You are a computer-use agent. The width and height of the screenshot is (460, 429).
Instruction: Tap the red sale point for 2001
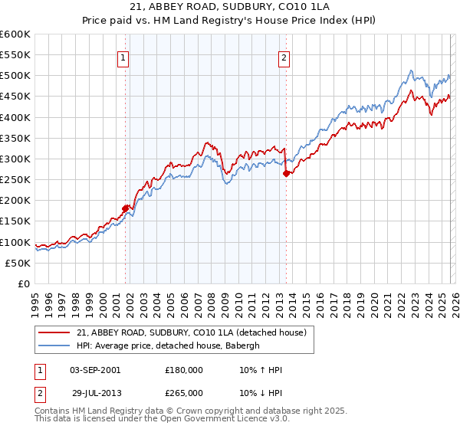tap(125, 208)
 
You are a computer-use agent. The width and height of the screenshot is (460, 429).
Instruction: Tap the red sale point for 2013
tap(286, 173)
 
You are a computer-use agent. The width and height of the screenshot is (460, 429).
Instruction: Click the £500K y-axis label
tap(15, 76)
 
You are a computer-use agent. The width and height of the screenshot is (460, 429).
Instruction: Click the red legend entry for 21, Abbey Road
tap(191, 332)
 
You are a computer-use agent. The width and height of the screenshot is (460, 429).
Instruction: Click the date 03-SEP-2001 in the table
tap(94, 369)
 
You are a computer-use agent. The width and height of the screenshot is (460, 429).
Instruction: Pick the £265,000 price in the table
tap(183, 392)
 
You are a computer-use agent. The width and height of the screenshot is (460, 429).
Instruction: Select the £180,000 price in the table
tap(183, 369)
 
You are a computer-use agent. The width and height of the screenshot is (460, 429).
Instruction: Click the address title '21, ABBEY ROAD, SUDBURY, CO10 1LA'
tap(230, 9)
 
